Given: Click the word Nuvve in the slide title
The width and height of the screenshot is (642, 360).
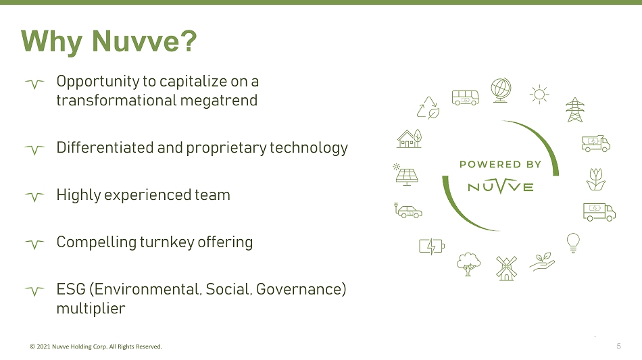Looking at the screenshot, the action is coord(135,41).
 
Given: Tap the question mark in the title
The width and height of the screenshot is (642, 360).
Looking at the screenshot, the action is coord(189,41).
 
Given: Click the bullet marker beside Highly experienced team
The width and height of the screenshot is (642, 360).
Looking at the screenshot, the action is coord(34,197).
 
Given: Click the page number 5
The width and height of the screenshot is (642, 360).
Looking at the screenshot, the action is coord(618,346).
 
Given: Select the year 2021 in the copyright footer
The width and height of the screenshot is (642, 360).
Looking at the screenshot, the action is coord(43,346).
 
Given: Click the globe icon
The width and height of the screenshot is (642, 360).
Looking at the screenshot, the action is coord(501,90).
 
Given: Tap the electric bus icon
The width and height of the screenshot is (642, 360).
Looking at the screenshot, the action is coord(466,97).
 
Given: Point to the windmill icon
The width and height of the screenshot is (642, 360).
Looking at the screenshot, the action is coord(506,268).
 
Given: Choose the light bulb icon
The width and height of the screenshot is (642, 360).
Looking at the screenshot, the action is coord(573,243).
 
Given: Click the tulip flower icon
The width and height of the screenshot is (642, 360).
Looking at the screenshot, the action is coord(596,179).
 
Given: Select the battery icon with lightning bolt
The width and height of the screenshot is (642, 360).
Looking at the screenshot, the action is coord(432,247).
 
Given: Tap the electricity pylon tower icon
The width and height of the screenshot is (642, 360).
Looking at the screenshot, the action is coord(575,109).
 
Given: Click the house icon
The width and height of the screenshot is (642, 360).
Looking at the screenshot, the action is coord(410,138).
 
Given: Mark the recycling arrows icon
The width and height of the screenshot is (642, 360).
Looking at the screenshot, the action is coord(428,107).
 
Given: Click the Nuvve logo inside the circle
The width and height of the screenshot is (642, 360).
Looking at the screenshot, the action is coord(500,186).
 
